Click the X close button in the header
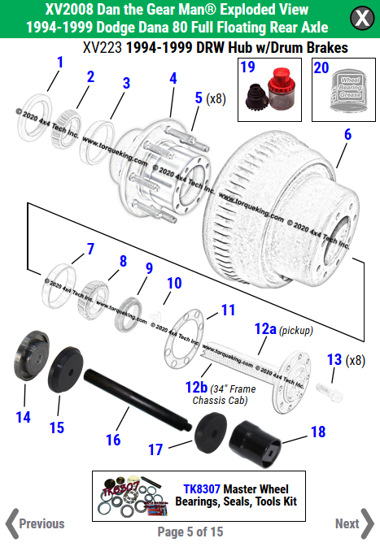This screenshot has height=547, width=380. tap(358, 19)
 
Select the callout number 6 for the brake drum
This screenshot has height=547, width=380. tap(347, 135)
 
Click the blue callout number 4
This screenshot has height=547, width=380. tap(173, 79)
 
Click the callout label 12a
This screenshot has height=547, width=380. tap(265, 329)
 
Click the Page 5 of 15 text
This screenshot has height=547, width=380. tap(190, 532)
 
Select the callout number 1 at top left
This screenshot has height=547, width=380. tap(59, 62)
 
